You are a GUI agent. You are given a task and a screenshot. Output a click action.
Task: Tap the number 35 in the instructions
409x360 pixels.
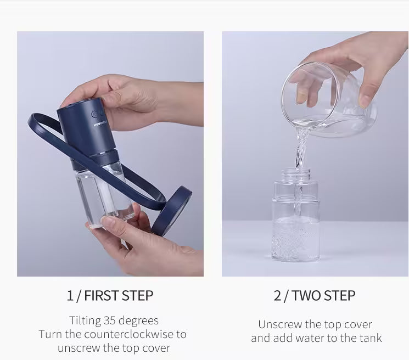click(x=112, y=320)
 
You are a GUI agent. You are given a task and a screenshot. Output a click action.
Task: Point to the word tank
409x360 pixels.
click(x=371, y=338)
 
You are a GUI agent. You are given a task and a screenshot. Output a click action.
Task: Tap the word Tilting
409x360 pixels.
click(x=85, y=320)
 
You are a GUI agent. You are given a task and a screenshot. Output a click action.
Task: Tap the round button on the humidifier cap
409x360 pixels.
click(x=95, y=115)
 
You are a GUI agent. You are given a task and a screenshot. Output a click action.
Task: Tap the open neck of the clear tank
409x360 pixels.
click(x=295, y=174)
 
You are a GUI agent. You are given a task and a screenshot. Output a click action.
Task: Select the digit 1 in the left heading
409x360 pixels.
click(x=70, y=295)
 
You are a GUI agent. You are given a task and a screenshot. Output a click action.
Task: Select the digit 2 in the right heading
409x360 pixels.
click(x=277, y=295)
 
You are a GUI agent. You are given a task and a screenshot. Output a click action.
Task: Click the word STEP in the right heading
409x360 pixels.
click(x=339, y=295)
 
